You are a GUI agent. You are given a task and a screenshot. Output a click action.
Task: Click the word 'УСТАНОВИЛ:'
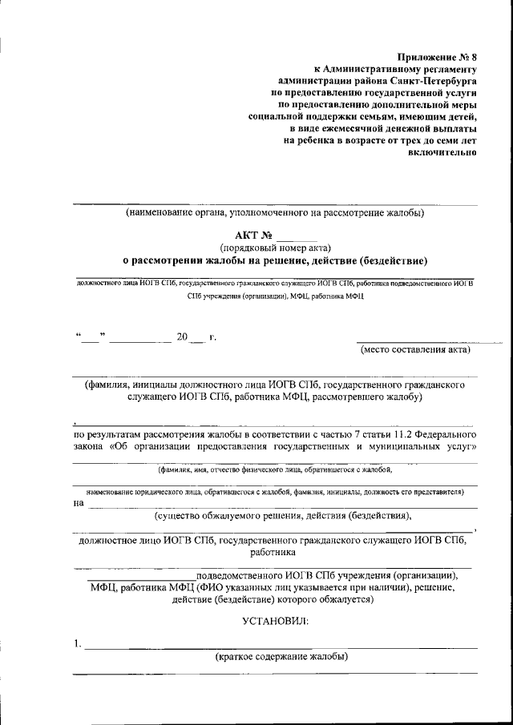tap(275, 621)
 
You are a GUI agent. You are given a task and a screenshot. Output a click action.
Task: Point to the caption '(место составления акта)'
tap(415, 349)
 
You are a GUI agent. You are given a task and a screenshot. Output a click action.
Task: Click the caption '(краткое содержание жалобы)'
tap(281, 657)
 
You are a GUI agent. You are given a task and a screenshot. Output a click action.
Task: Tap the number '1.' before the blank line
tap(77, 643)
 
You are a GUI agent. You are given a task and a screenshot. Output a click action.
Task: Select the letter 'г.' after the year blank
tap(212, 337)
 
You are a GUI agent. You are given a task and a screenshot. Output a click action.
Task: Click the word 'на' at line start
tap(78, 504)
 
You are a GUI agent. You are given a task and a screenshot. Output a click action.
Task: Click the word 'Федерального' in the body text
tap(444, 435)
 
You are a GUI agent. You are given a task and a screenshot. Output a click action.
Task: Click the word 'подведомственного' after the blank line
tap(239, 575)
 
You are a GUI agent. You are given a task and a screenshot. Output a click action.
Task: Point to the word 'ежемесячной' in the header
tap(352, 128)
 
